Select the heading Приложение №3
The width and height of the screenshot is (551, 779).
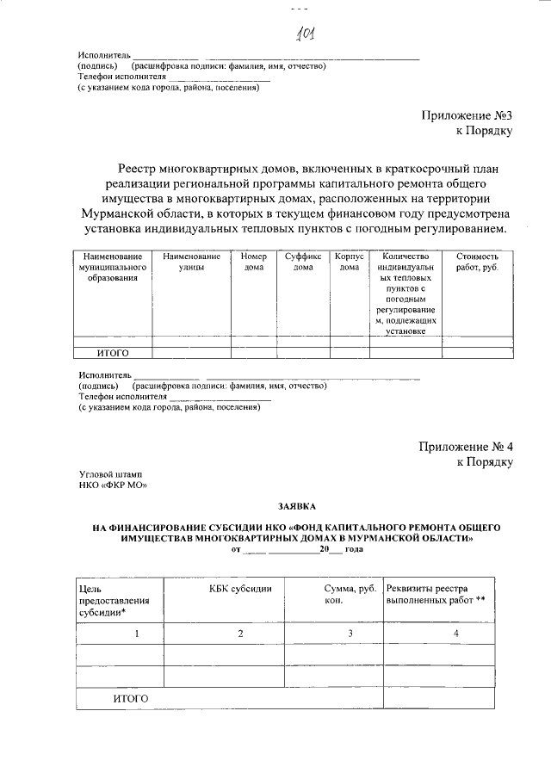(467, 115)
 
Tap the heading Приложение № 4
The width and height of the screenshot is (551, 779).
(466, 446)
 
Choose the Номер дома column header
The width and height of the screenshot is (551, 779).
(254, 262)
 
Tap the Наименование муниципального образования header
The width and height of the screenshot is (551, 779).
(112, 267)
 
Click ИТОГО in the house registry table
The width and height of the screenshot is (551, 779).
(112, 352)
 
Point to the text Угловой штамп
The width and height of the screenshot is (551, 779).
(110, 474)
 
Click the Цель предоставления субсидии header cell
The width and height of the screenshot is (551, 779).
(115, 599)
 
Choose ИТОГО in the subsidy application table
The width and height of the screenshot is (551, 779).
(131, 698)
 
